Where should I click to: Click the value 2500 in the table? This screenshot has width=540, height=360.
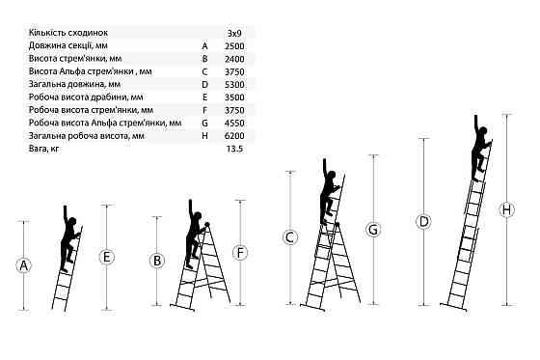tap(234, 46)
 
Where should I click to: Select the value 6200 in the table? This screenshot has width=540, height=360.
tap(234, 136)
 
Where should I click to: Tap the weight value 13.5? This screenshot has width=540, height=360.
tap(235, 149)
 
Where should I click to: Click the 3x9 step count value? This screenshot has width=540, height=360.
tap(235, 34)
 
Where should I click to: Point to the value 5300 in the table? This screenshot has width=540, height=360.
tap(234, 85)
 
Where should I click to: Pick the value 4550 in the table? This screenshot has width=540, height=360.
tap(234, 124)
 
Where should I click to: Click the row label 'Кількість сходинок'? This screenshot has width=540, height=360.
tap(68, 33)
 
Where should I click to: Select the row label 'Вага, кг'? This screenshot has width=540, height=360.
tap(43, 149)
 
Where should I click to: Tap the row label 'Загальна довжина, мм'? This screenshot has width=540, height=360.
tap(75, 85)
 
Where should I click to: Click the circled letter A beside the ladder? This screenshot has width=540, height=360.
tap(23, 265)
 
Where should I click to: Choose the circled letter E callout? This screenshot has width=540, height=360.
tap(106, 258)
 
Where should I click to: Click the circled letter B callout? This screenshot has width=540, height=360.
tap(156, 261)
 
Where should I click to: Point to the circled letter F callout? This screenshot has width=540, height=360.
tap(240, 253)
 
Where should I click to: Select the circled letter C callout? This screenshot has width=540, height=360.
tap(290, 237)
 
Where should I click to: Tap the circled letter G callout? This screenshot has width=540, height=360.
tap(373, 230)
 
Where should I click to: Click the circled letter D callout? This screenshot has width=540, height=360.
tap(423, 221)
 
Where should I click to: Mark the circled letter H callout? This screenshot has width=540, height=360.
tap(506, 209)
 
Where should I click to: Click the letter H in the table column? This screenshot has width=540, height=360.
tap(204, 136)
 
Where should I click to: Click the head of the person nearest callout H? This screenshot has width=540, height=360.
tap(483, 131)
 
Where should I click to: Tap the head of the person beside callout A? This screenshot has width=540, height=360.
tap(71, 222)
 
